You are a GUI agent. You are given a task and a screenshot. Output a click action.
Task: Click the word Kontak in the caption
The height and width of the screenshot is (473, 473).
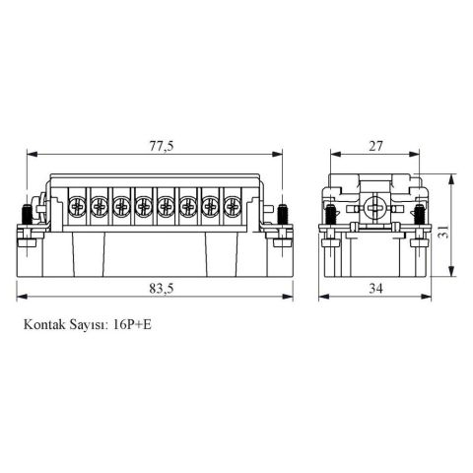[44, 322]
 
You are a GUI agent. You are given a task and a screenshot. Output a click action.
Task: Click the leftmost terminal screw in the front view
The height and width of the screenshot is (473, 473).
[77, 207]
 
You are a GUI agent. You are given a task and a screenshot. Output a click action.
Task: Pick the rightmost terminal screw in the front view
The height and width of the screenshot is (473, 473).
[232, 207]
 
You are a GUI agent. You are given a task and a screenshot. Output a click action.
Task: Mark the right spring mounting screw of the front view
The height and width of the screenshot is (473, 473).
[283, 214]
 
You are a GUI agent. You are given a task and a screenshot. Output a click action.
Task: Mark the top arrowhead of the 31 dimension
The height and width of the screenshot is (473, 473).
[452, 177]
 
